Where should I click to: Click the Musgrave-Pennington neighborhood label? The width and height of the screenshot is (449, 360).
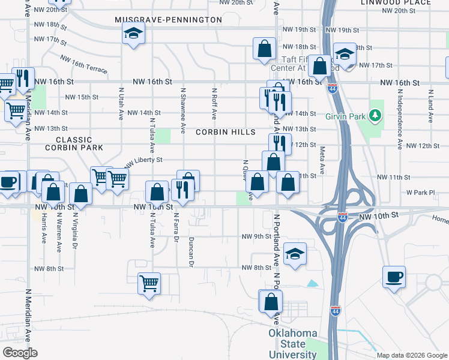[169, 20]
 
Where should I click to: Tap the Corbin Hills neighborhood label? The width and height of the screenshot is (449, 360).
[226, 131]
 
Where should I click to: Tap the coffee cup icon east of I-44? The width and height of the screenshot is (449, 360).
[394, 277]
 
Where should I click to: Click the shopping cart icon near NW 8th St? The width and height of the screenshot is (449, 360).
[149, 283]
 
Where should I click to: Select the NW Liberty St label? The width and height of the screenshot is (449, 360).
[143, 161]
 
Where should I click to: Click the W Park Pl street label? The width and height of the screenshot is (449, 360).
[420, 193]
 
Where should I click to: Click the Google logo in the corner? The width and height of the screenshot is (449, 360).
[20, 353]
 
